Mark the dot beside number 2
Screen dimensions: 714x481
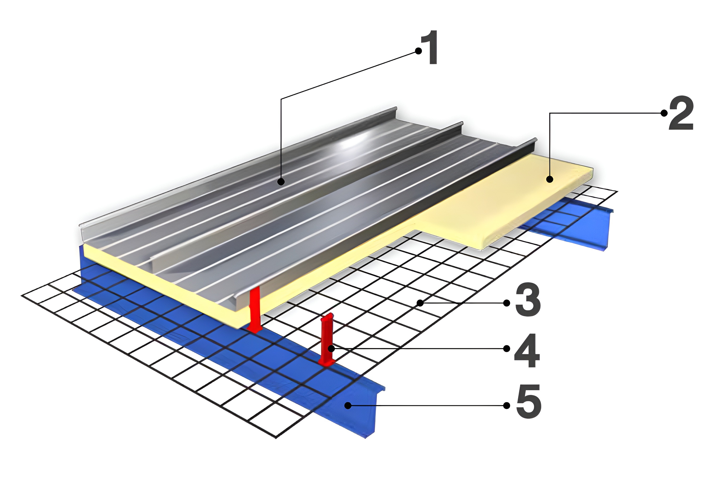[x=664, y=113]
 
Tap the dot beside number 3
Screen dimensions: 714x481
[x=507, y=303]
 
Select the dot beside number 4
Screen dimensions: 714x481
[x=507, y=348]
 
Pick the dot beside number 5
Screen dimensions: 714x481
[x=507, y=405]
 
